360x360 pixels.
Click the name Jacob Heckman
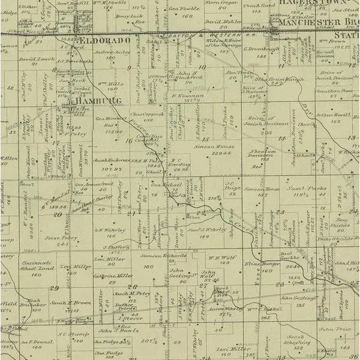click(x=109, y=161)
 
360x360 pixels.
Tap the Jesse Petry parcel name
click(x=61, y=238)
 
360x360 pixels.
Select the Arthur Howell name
click(x=334, y=115)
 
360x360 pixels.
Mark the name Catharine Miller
click(x=113, y=276)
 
